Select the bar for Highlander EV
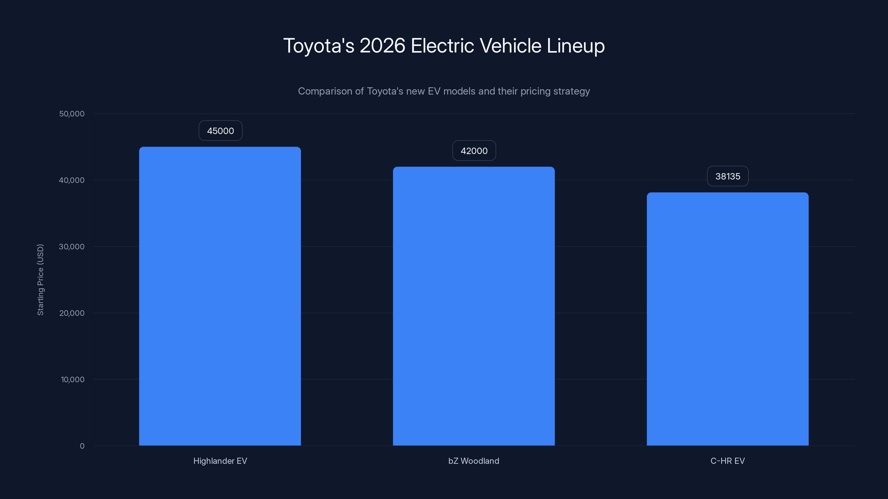(220, 296)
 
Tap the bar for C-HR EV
(727, 319)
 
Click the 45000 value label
(220, 131)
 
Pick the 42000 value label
(474, 151)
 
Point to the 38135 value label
(728, 176)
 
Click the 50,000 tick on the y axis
(72, 114)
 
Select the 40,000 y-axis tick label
(72, 180)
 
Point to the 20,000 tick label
(72, 313)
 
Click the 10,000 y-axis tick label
(72, 380)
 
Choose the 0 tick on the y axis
(82, 446)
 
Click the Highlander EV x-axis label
(220, 461)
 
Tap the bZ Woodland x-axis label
(474, 461)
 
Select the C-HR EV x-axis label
(727, 461)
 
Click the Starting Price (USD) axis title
(40, 280)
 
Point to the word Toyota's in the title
(319, 46)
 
